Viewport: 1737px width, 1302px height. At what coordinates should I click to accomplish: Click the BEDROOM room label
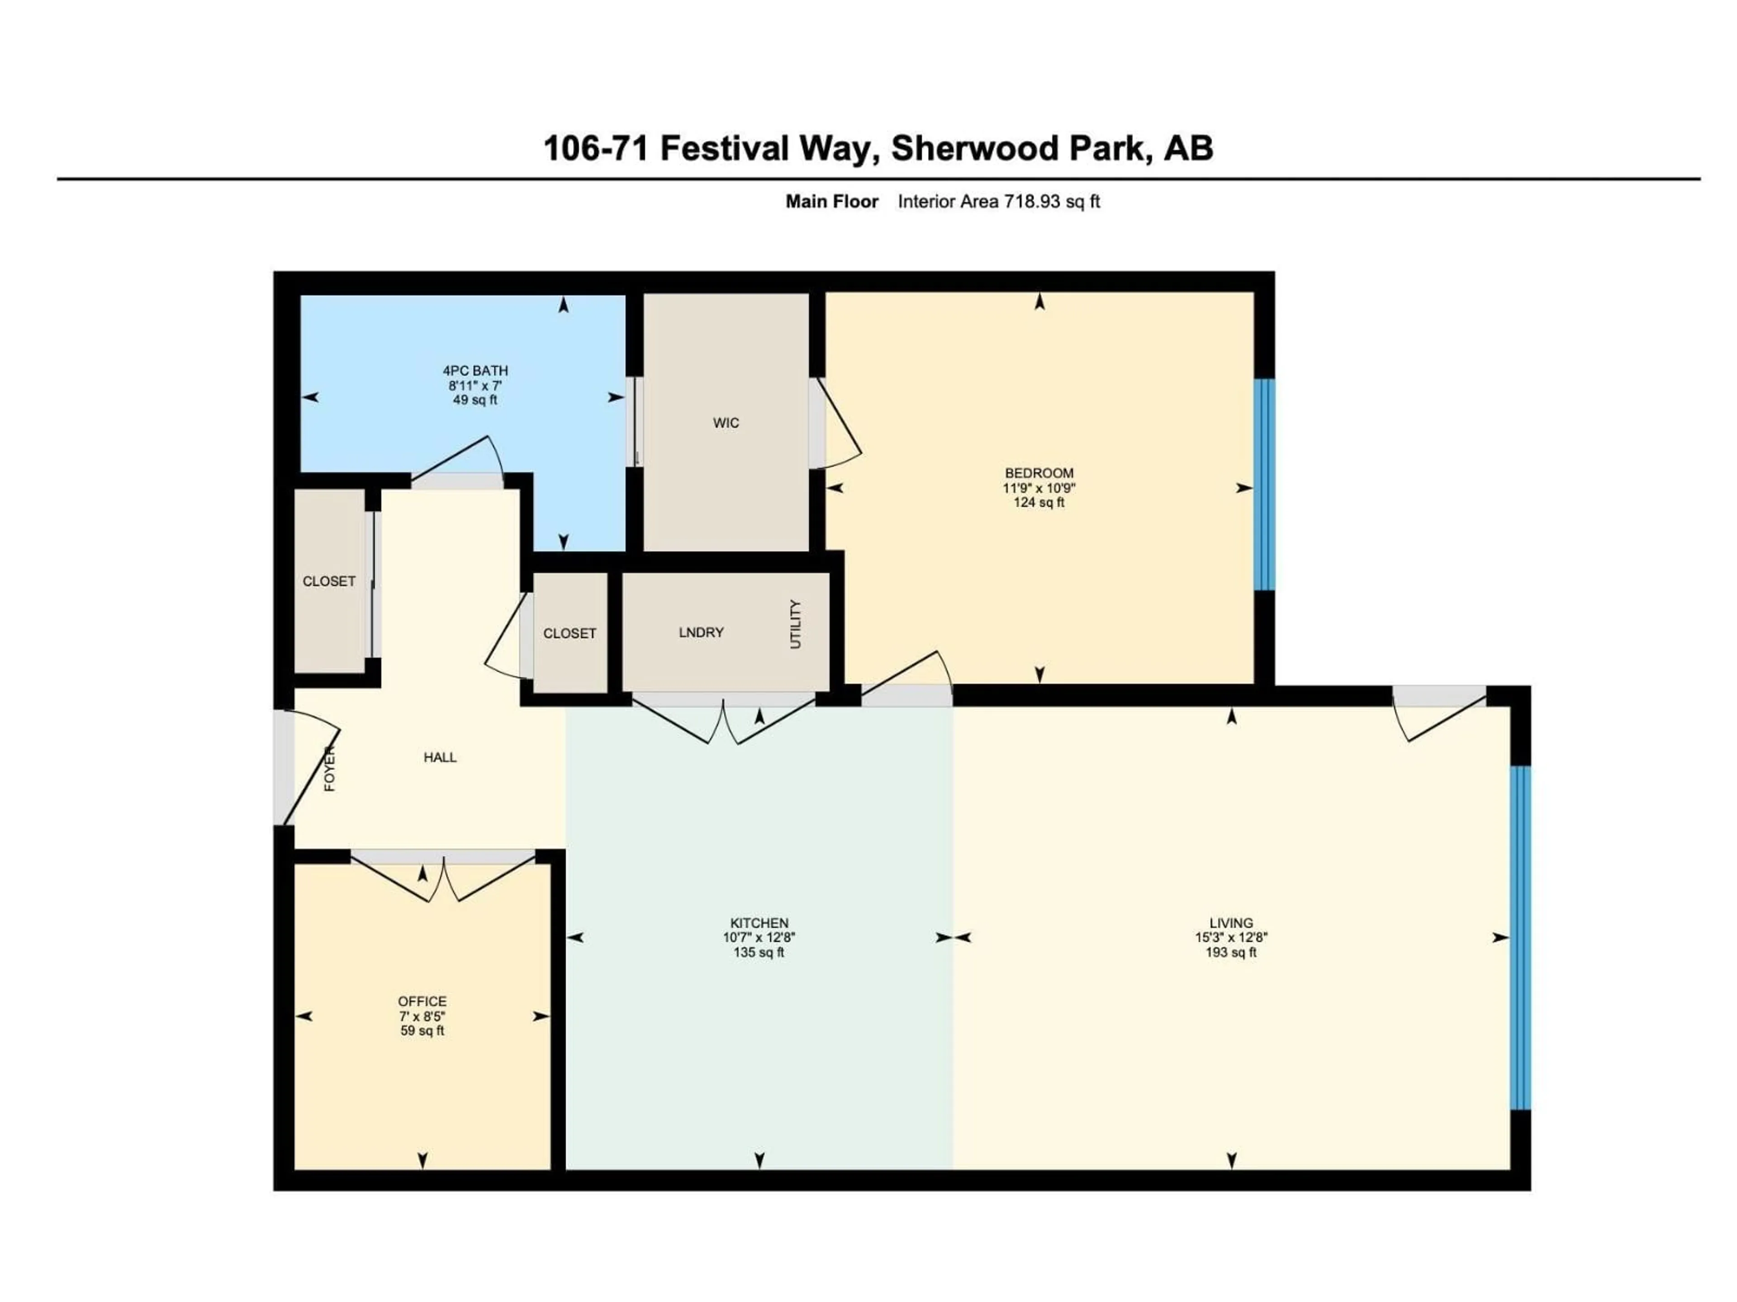coord(1039,473)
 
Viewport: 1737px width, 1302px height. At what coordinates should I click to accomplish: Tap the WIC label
coord(726,423)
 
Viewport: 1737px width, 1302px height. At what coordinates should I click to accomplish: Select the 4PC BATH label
coord(475,370)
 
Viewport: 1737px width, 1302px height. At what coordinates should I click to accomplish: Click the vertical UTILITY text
coord(796,625)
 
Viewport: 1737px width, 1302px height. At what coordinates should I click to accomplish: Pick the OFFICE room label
coord(422,1001)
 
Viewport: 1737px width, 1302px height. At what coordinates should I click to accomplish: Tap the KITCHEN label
coord(759,923)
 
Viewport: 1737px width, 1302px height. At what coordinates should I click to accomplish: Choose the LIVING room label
coord(1230,923)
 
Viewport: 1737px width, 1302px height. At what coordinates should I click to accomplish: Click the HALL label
coord(440,757)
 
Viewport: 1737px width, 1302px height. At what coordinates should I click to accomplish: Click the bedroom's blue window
coord(1263,484)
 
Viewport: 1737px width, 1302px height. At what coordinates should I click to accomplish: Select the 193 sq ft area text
coord(1230,953)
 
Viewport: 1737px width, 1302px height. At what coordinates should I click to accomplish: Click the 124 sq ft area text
coord(1039,502)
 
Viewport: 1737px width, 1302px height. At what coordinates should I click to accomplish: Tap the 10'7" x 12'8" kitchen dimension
coord(759,937)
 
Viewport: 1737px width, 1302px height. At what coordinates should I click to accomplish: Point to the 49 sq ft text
coord(475,400)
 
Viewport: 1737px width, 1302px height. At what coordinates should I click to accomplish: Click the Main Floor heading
coord(831,202)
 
